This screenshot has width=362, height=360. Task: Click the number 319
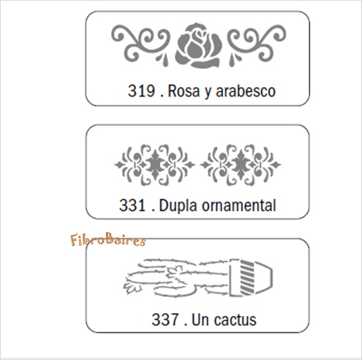point(141,91)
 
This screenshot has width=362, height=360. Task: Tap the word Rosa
point(184,91)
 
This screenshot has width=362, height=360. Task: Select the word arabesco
point(246,91)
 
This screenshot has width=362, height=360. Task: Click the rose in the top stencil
point(198,45)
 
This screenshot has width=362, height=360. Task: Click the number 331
point(132,205)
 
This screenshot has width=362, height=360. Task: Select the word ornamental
point(239,206)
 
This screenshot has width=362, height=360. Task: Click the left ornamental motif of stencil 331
point(154,165)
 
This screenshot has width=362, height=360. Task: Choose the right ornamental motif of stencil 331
point(241,165)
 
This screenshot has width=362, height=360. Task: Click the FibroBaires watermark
point(108,239)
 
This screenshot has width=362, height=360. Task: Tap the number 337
point(165,320)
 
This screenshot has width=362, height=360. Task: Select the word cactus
point(235,320)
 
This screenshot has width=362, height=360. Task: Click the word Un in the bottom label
point(200,320)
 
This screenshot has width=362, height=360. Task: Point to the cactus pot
point(251,277)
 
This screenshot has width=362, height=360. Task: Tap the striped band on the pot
point(247,277)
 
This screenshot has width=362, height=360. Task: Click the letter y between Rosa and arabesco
point(208,93)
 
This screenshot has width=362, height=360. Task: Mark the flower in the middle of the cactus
point(174,272)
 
